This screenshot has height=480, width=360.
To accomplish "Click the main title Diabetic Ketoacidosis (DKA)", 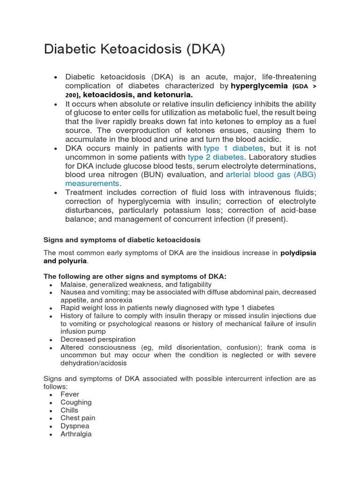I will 135,50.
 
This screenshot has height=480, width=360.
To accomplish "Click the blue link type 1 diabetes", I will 233,148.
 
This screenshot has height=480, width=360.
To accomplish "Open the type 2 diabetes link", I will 216,157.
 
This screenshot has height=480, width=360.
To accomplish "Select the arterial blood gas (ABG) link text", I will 271,175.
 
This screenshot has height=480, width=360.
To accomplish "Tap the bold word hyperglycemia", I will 259,86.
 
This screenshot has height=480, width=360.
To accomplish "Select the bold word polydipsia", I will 298,253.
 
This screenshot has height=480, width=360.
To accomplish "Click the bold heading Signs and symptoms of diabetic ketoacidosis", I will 122,240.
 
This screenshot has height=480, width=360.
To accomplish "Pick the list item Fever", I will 70,395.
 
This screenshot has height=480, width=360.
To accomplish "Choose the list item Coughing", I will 76,403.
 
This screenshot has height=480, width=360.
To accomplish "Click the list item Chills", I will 69,411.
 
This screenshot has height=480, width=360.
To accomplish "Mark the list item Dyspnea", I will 75,426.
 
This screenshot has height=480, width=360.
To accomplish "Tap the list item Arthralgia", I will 76,434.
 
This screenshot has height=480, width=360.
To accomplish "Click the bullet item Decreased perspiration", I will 98,339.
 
